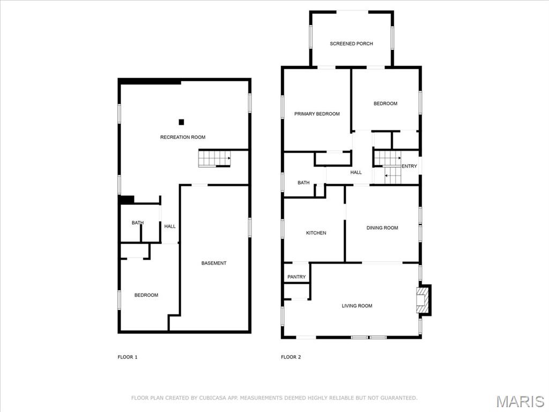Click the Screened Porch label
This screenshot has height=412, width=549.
click(351, 44)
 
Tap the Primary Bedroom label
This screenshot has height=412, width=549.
click(317, 114)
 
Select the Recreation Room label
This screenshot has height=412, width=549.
click(183, 137)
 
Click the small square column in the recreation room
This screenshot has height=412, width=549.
click(181, 122)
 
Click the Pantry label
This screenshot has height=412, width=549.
click(296, 277)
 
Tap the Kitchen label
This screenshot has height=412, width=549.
click(316, 233)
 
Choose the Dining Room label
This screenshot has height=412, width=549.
click(382, 228)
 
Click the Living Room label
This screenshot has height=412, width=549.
click(357, 306)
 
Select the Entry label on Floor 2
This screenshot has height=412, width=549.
click(409, 166)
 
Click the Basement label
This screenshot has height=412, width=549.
click(214, 263)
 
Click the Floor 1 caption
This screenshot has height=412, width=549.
click(128, 357)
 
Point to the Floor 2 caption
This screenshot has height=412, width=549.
click(291, 357)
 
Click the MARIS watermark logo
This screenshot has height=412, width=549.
click(520, 401)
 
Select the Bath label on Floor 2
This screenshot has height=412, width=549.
click(303, 183)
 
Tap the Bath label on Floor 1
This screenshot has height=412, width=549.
click(138, 223)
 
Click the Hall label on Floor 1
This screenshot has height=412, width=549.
click(170, 227)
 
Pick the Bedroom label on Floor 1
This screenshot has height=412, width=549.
click(146, 296)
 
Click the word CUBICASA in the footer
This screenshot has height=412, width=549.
click(213, 398)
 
